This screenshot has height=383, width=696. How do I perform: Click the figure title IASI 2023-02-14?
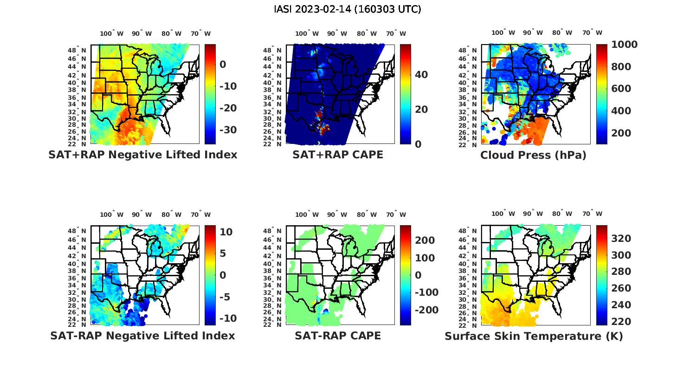pyautogui.click(x=348, y=9)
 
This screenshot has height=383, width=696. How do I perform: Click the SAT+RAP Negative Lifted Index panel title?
pyautogui.click(x=143, y=155)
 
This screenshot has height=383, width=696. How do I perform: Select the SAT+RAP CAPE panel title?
pyautogui.click(x=338, y=155)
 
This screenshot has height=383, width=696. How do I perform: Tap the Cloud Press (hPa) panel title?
pyautogui.click(x=533, y=155)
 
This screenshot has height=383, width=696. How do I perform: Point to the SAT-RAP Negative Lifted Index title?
pyautogui.click(x=143, y=336)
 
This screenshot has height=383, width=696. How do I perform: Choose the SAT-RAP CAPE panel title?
pyautogui.click(x=338, y=336)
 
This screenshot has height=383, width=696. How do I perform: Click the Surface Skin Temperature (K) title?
pyautogui.click(x=534, y=336)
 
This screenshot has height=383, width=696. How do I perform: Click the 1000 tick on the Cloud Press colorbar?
pyautogui.click(x=625, y=45)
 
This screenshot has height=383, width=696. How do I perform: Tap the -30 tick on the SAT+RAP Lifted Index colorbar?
pyautogui.click(x=227, y=130)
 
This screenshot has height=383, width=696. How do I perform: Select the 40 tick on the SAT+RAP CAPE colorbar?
pyautogui.click(x=421, y=75)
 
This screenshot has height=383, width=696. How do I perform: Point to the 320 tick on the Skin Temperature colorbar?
pyautogui.click(x=621, y=239)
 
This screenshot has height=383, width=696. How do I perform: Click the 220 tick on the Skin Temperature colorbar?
pyautogui.click(x=621, y=322)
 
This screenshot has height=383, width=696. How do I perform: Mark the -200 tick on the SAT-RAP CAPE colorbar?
pyautogui.click(x=426, y=310)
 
